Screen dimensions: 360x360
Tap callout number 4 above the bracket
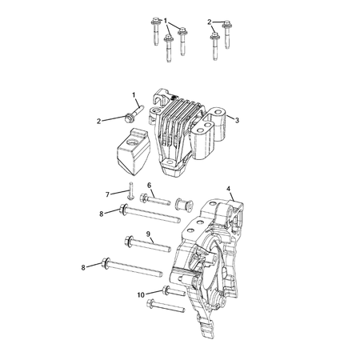(230, 190)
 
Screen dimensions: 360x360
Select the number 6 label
(149, 185)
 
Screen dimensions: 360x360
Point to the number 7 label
(108, 194)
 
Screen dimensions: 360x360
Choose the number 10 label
(141, 294)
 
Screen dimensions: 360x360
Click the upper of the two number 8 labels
(102, 214)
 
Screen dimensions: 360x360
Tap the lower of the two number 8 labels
(83, 266)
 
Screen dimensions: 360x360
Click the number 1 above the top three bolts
(166, 19)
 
